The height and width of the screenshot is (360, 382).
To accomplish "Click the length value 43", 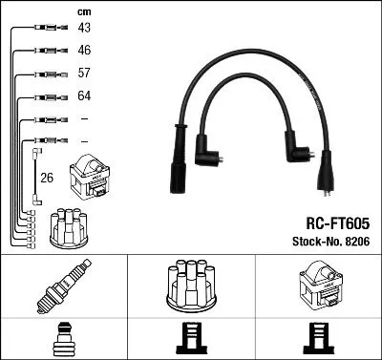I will [x=84, y=29].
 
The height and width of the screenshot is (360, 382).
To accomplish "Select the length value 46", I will [x=84, y=51].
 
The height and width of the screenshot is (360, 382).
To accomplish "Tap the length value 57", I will [x=84, y=74].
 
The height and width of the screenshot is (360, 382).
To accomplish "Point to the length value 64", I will [x=84, y=96].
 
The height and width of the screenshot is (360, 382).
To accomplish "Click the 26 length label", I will [x=47, y=177].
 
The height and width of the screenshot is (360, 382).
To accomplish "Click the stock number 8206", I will [x=356, y=241].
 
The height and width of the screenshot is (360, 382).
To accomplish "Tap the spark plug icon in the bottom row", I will [x=62, y=286].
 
